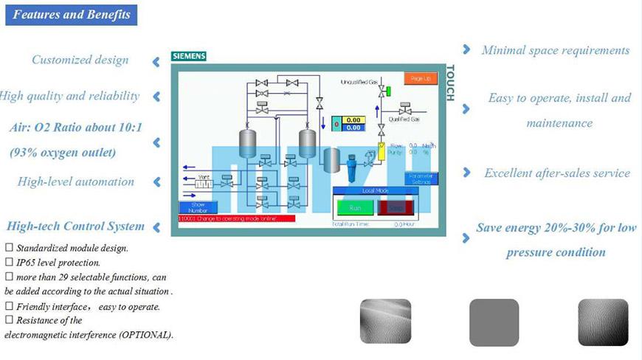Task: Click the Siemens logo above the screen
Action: [x=189, y=56]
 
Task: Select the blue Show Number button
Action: [x=198, y=207]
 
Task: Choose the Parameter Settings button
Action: [x=421, y=179]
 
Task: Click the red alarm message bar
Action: [x=236, y=219]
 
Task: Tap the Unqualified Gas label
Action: [x=359, y=81]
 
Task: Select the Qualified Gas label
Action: [x=404, y=119]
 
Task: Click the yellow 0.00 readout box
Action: [x=353, y=120]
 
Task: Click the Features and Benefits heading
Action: [x=72, y=15]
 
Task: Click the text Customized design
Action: [x=80, y=60]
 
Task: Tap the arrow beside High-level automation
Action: [x=156, y=181]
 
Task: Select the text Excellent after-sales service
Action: [x=557, y=173]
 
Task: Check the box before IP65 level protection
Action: [x=9, y=262]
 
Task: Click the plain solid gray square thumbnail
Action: [x=494, y=322]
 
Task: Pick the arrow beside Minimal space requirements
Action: [x=466, y=49]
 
